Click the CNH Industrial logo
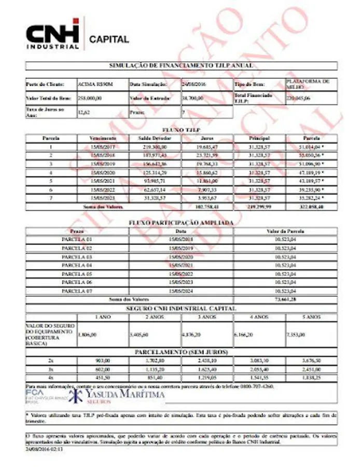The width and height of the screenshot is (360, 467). click(x=53, y=34)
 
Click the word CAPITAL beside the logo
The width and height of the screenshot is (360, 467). click(x=109, y=39)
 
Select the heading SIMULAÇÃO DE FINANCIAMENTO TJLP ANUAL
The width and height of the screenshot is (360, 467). click(x=181, y=66)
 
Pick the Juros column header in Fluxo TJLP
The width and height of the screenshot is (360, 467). click(x=207, y=139)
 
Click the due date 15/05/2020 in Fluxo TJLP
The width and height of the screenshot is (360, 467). click(x=102, y=172)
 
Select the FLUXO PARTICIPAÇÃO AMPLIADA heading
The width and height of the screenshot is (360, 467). click(x=181, y=223)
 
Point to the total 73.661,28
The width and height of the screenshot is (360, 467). click(x=285, y=299)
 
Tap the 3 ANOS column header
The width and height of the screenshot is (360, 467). click(x=207, y=317)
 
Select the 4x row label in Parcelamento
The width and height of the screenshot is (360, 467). click(x=51, y=377)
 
